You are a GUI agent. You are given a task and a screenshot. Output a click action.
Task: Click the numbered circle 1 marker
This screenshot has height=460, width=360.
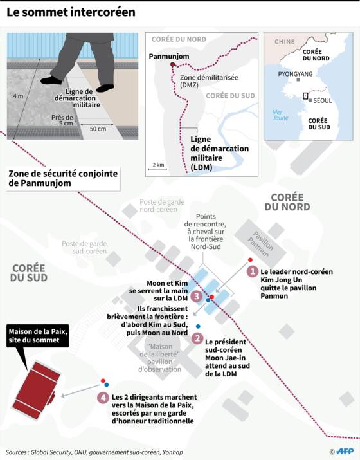pos(252,271)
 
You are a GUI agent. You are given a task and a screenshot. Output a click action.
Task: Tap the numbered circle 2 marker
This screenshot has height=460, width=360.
pos(197,338)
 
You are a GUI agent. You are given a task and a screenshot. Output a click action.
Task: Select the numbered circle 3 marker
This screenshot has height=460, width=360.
pos(197,296)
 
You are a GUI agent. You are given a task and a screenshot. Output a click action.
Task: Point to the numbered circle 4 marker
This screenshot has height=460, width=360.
pos(104,398)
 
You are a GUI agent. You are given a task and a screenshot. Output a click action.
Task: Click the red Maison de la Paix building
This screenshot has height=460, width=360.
pos(37,390)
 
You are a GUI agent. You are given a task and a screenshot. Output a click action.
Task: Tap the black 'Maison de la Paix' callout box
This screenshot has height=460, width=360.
pos(37,336)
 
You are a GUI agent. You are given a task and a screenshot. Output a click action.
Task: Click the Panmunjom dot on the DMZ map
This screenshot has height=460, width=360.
pos(173,64)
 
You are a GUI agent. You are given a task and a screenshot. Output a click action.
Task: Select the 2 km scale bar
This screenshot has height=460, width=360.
pos(157,169)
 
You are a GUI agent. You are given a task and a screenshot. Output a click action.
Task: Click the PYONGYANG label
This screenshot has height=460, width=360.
pos(295,74)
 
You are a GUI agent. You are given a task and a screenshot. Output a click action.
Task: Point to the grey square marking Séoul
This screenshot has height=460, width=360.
pos(310,100)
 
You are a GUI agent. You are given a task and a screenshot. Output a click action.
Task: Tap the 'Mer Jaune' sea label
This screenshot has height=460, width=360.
pos(280,115)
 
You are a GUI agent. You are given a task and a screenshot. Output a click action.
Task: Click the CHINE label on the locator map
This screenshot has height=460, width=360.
pos(284,42)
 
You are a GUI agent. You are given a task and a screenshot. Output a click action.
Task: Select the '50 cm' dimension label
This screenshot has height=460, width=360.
pos(98,129)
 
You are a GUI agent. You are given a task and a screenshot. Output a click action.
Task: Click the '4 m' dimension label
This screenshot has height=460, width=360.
pos(18,96)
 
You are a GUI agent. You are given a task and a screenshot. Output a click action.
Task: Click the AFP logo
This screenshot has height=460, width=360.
pos(345,452)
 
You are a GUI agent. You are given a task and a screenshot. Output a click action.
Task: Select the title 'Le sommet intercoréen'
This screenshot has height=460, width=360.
pos(71,12)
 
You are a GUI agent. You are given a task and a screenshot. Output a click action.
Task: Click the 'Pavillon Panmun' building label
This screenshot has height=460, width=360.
pos(260,244)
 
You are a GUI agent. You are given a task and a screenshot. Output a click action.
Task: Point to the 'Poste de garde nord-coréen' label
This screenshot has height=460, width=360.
pos(162,206)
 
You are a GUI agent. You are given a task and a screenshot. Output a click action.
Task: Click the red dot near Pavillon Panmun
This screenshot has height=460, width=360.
pos(250,260)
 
